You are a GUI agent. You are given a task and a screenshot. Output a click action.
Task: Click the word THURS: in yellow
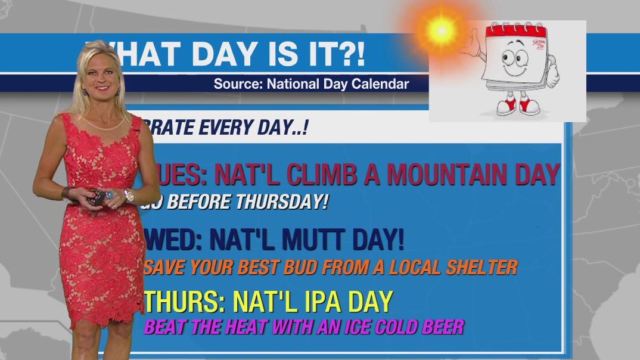pos(184,302)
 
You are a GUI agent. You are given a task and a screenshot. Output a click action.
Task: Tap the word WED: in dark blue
pos(173,240)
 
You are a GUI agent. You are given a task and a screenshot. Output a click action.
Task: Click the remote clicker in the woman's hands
pos(95,197)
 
